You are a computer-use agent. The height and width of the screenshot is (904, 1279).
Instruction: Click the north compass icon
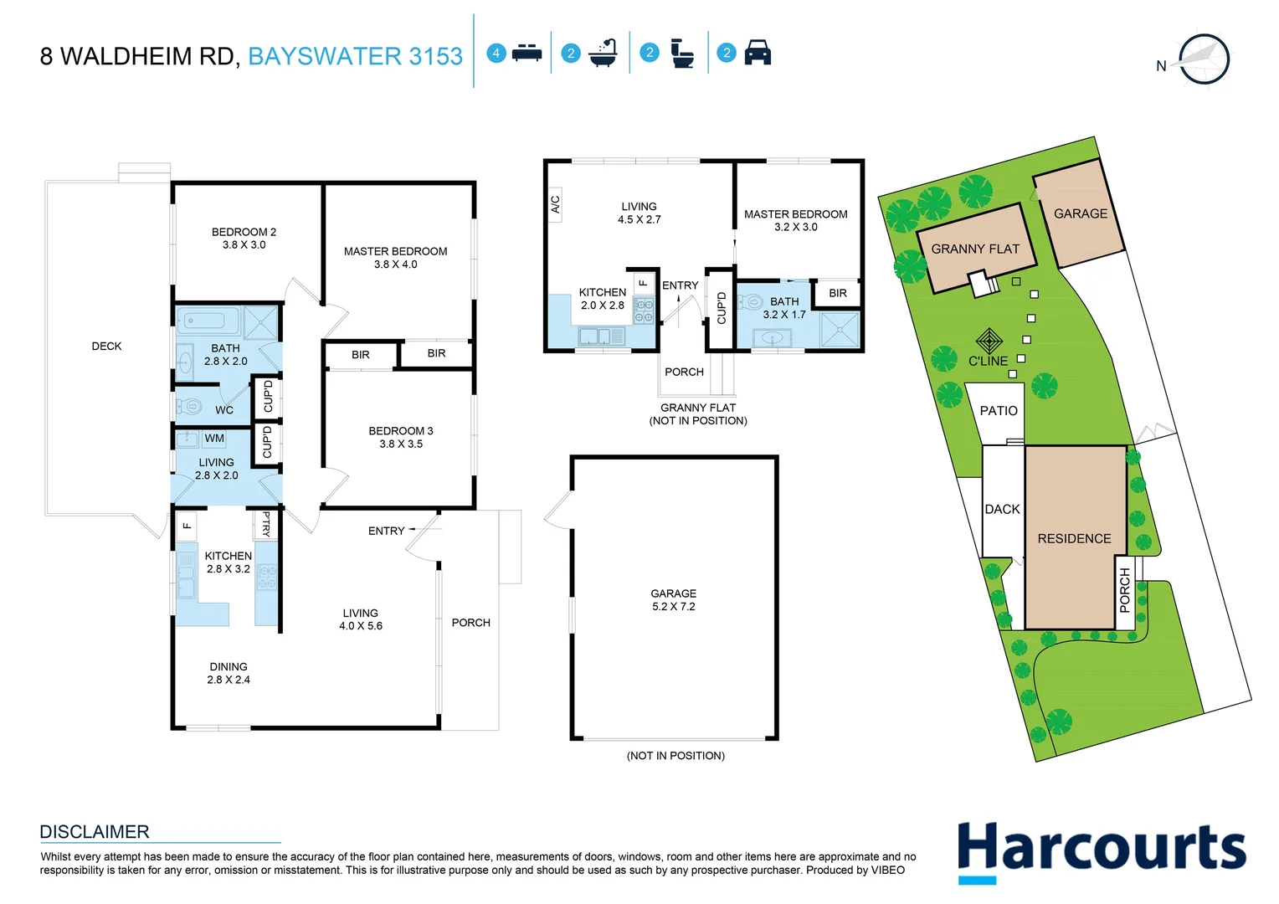point(1203,59)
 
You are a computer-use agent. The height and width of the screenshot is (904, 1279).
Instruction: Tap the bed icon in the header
point(526,53)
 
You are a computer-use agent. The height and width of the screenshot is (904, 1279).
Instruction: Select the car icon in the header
point(757,53)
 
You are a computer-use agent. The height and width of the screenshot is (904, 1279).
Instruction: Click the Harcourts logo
point(1101,850)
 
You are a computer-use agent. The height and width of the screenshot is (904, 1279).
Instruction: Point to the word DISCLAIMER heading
point(95,832)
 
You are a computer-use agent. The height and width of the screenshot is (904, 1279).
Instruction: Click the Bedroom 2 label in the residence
point(244,232)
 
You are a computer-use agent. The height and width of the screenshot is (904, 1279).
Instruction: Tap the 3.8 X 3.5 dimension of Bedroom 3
point(401,444)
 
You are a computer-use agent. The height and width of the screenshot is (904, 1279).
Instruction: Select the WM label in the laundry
point(214,439)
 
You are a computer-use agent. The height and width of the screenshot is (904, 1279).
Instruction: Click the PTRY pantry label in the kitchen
point(266,524)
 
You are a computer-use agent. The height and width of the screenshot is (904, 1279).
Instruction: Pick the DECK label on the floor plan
point(106,346)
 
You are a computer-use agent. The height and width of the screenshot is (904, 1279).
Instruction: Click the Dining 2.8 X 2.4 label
point(229,674)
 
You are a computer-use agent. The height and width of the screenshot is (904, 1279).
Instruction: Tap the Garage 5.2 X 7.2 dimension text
point(674,607)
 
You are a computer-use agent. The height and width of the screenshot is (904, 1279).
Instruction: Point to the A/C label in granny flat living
point(555,203)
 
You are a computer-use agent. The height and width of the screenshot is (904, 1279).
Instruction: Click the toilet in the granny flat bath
point(752,301)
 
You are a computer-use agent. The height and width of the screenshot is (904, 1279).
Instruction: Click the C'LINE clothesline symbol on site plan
point(989,342)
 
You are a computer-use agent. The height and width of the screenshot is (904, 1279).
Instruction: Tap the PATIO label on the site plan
point(999,411)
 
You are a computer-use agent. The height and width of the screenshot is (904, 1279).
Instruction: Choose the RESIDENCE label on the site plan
point(1074,539)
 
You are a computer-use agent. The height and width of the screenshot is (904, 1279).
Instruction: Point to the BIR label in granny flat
point(838,293)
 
